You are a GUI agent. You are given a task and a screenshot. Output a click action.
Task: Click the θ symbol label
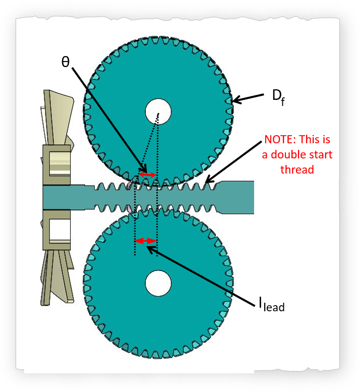click(66, 62)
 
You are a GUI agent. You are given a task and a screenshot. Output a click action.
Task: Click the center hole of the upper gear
click(158, 110)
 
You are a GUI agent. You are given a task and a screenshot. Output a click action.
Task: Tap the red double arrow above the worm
click(148, 175)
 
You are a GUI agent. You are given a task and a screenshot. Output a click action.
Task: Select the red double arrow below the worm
click(146, 241)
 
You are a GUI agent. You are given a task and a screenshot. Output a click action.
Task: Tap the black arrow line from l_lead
click(207, 275)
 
